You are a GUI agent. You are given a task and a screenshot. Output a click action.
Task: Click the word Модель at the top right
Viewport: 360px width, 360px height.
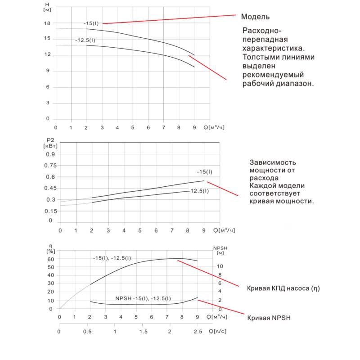(255, 17)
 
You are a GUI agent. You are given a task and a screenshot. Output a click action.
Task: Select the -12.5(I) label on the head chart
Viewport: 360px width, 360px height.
(85, 41)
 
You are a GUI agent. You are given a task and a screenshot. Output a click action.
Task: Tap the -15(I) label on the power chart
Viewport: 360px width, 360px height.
(204, 172)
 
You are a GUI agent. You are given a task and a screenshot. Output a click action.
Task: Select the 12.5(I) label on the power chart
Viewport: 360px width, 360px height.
(200, 191)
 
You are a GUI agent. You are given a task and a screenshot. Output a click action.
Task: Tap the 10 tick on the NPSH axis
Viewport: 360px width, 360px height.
(220, 266)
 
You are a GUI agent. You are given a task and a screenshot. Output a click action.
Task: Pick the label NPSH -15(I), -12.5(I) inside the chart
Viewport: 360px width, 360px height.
(143, 298)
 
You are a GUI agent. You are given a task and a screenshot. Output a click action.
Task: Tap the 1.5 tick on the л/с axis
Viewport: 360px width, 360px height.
(143, 332)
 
